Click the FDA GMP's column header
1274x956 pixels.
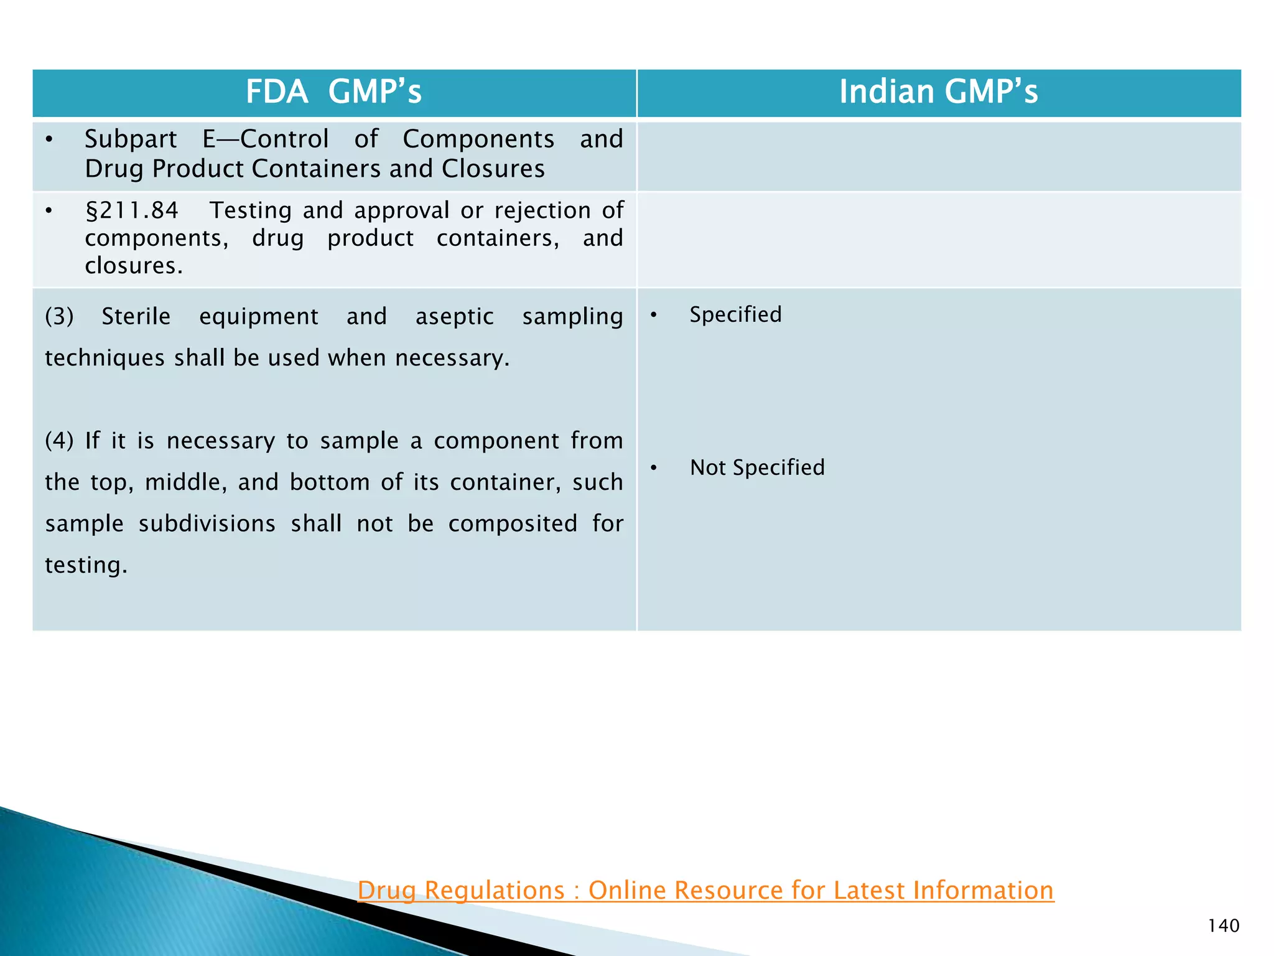pyautogui.click(x=333, y=92)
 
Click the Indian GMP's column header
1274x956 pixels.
pyautogui.click(x=938, y=92)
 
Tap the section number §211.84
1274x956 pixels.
pyautogui.click(x=132, y=210)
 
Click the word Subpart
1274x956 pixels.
pyautogui.click(x=131, y=139)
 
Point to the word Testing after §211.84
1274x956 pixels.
pyautogui.click(x=250, y=210)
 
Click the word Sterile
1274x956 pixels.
pyautogui.click(x=136, y=317)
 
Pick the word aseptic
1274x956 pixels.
pyautogui.click(x=454, y=317)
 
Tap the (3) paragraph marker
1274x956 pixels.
pyautogui.click(x=59, y=317)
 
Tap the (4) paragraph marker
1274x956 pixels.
pyautogui.click(x=59, y=441)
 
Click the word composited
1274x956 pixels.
pyautogui.click(x=513, y=523)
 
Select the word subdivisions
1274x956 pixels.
pyautogui.click(x=207, y=523)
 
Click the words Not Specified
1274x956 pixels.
pyautogui.click(x=756, y=467)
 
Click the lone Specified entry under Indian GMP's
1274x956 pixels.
pyautogui.click(x=735, y=314)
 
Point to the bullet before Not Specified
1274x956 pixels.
pyautogui.click(x=653, y=468)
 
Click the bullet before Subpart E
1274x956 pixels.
pyautogui.click(x=49, y=139)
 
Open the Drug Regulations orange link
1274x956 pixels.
pyautogui.click(x=705, y=890)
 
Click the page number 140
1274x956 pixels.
pyautogui.click(x=1223, y=926)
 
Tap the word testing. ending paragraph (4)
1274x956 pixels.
pyautogui.click(x=86, y=565)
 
